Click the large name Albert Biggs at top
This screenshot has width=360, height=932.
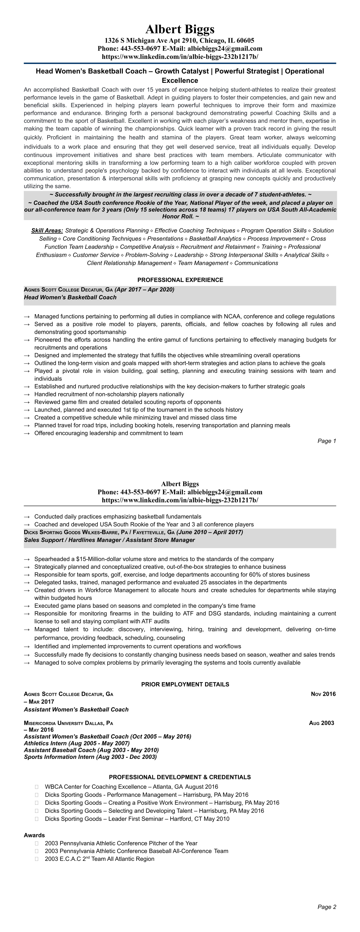pyautogui.click(x=180, y=29)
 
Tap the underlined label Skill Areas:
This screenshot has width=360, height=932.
pyautogui.click(x=47, y=230)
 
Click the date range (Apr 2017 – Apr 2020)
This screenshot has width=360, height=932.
pyautogui.click(x=144, y=289)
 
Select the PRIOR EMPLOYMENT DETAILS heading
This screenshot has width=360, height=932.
pyautogui.click(x=185, y=684)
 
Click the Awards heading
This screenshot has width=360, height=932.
pyautogui.click(x=34, y=835)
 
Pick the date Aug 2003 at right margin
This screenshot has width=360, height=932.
pyautogui.click(x=321, y=723)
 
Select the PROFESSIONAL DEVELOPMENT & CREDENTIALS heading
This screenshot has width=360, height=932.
pyautogui.click(x=180, y=777)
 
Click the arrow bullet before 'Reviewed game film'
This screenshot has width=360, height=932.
pyautogui.click(x=26, y=402)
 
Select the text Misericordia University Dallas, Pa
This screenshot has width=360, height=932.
pyautogui.click(x=68, y=723)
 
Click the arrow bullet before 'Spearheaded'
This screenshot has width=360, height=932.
pyautogui.click(x=26, y=559)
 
